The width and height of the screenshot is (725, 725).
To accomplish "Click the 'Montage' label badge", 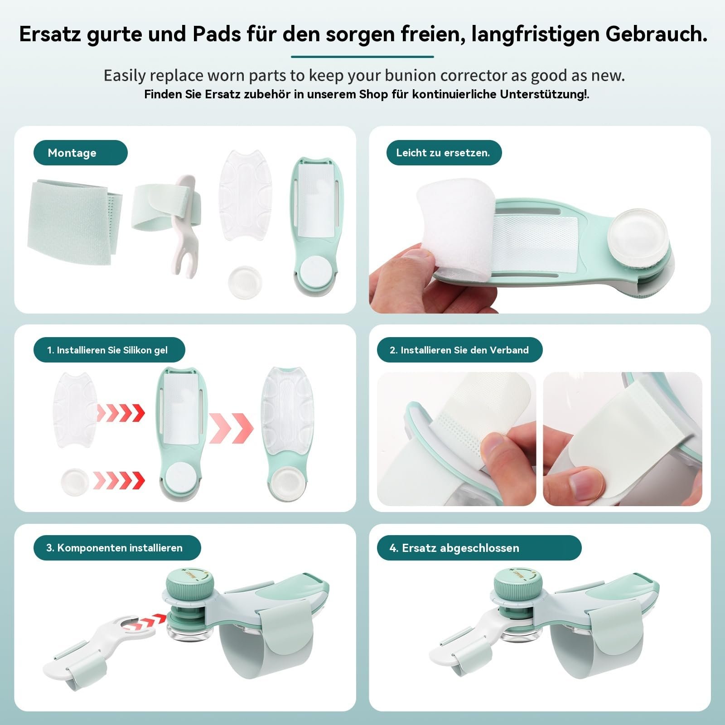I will [80, 153].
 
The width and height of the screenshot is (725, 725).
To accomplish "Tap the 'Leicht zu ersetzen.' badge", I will [443, 153].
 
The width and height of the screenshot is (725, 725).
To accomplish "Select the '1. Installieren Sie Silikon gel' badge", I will [109, 350].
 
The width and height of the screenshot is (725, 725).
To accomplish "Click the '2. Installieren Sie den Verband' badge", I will [459, 350].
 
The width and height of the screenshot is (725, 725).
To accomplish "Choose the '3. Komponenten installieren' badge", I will [116, 547].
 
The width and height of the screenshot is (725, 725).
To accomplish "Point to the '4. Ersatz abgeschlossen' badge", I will [478, 547].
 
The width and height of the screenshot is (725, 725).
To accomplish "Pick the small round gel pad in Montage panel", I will [245, 279].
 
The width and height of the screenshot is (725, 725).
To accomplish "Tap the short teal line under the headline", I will [362, 57].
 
